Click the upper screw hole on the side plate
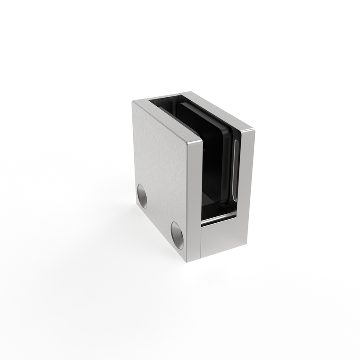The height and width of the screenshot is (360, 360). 142,196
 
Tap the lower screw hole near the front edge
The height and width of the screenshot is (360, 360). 177,235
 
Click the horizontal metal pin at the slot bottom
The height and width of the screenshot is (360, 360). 218,219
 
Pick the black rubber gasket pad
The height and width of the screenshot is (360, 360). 211,148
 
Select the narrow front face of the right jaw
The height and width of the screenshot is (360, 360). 247,180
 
